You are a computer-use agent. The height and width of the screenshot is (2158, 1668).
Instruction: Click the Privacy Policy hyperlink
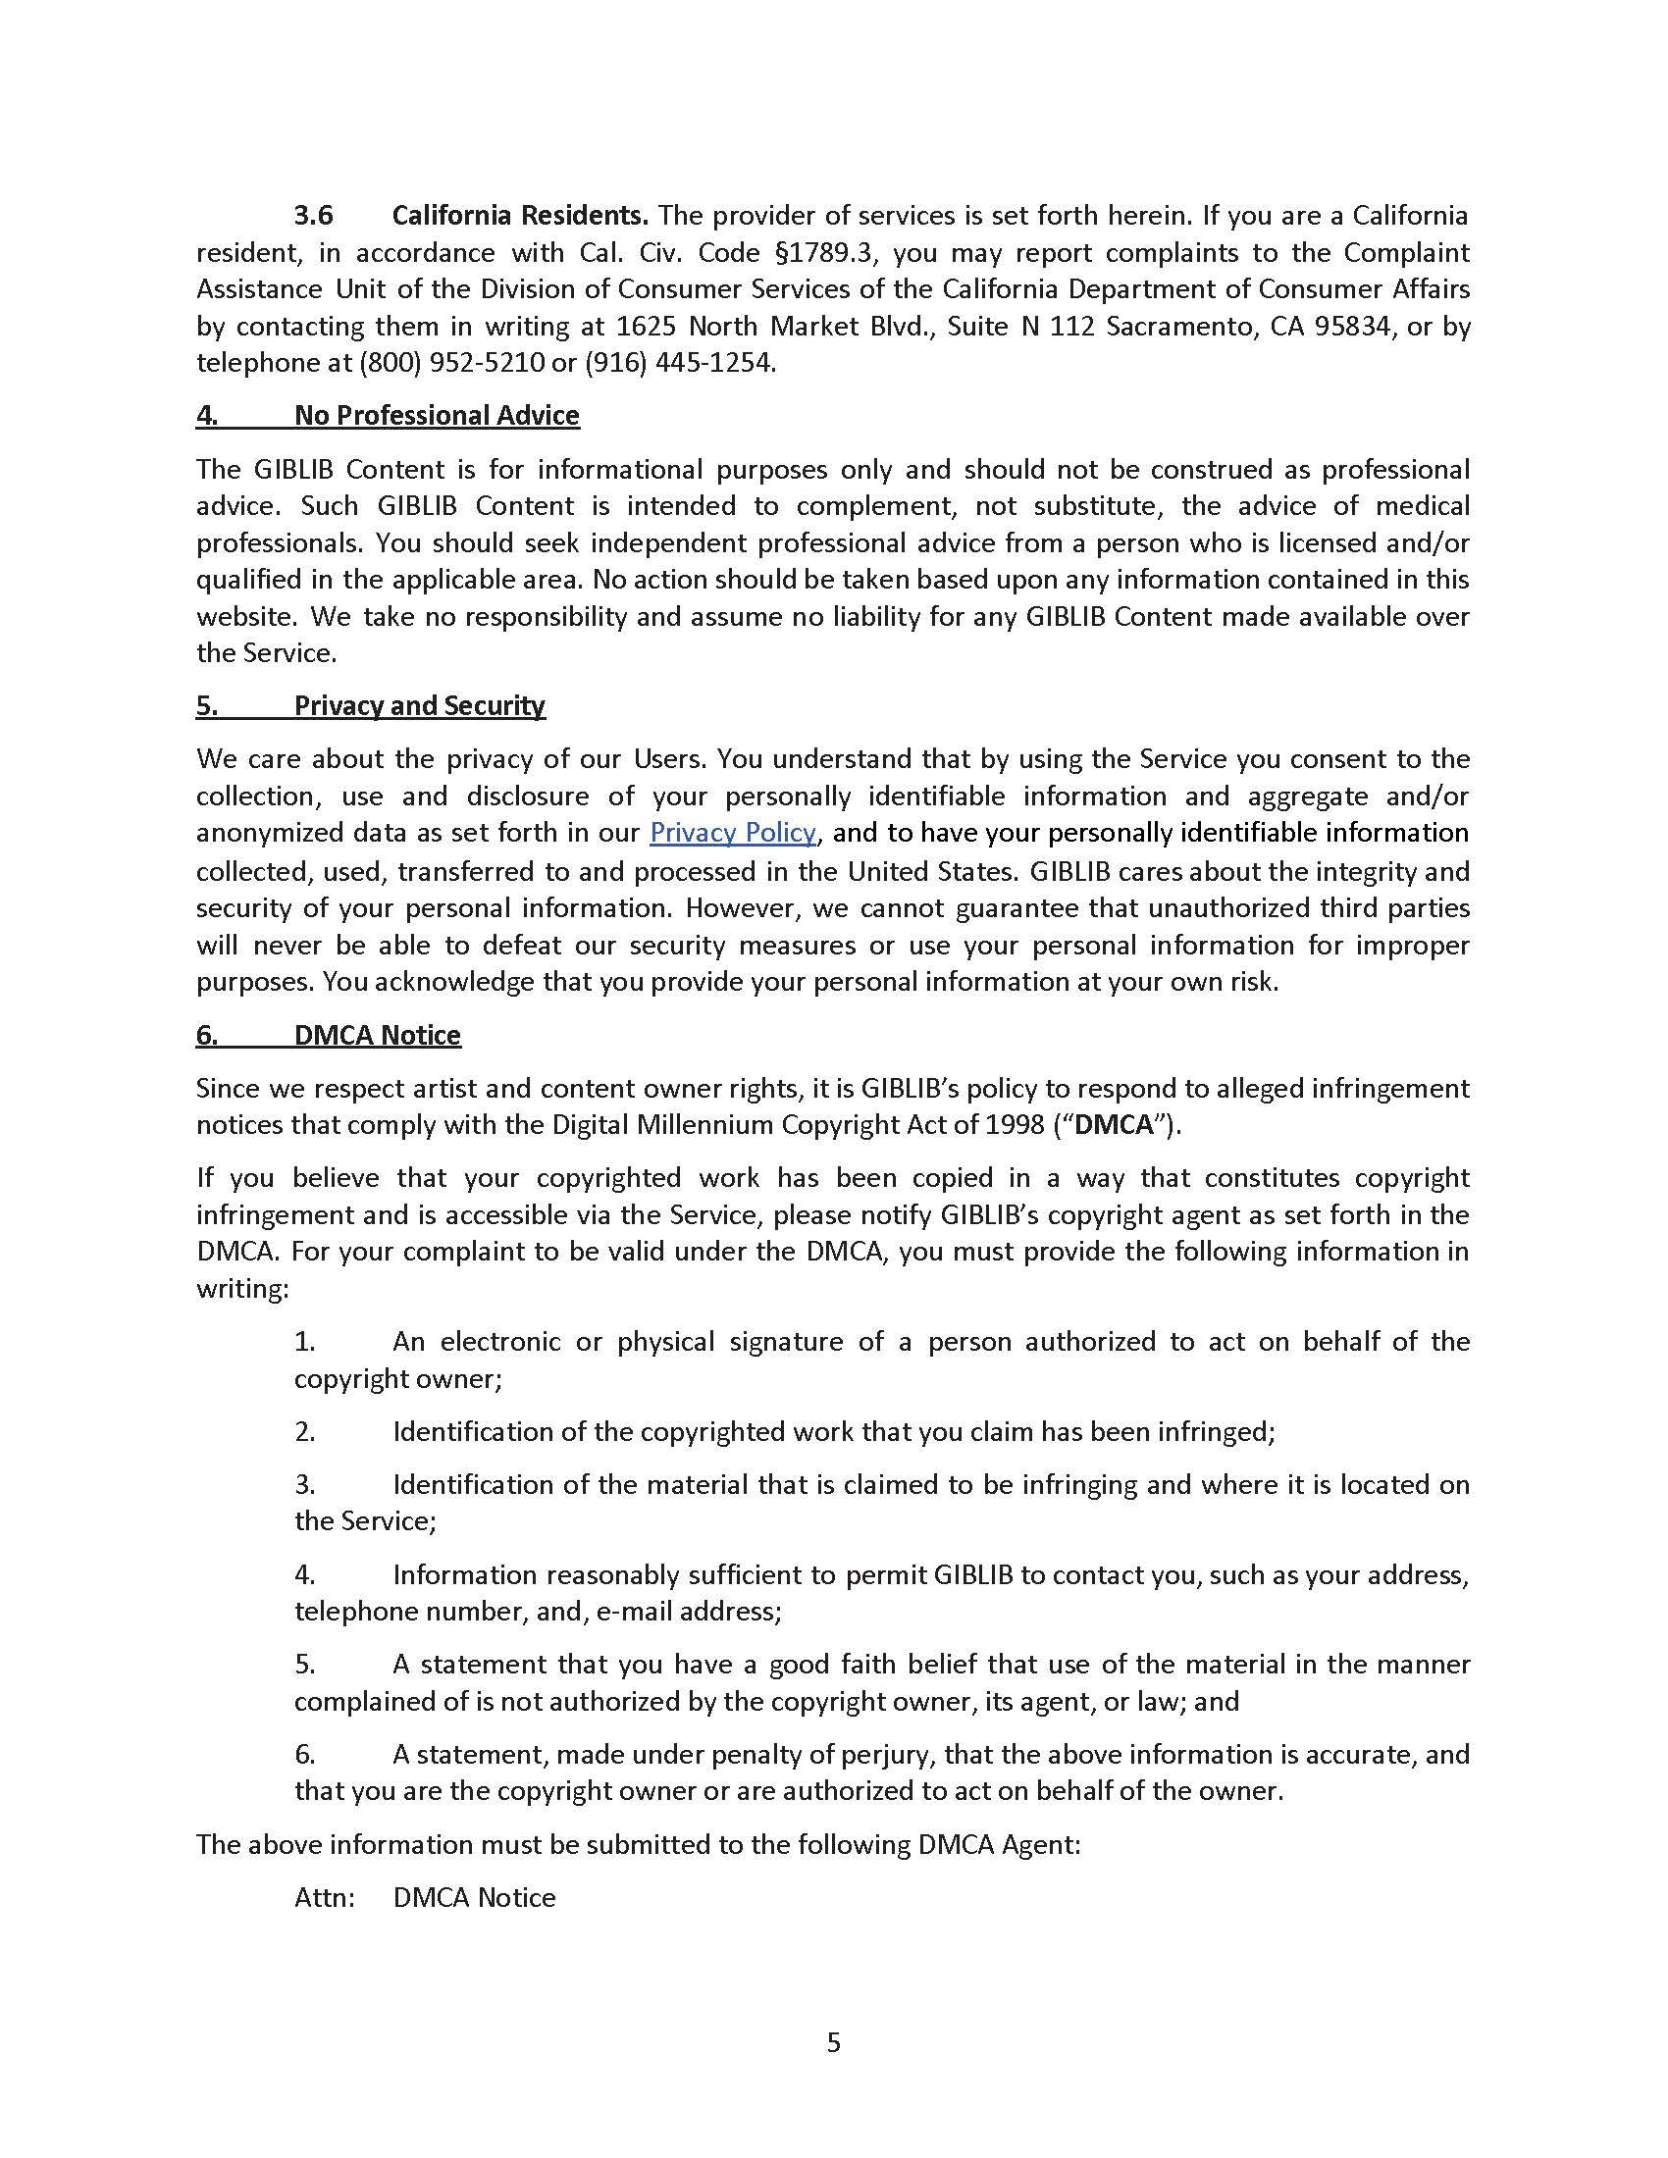click(732, 832)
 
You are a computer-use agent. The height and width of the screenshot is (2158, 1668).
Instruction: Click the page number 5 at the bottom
click(833, 2041)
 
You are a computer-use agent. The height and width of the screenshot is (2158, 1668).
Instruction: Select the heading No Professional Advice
click(436, 415)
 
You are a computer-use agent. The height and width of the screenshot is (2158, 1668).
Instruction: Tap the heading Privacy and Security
click(419, 705)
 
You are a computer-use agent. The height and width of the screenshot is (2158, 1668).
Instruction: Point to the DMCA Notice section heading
click(377, 1035)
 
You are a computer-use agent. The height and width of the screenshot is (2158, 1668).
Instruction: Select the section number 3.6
click(313, 216)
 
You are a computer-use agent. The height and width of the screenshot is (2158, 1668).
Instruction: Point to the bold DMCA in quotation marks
click(1115, 1125)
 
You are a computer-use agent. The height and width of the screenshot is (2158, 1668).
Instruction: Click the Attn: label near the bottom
click(324, 1897)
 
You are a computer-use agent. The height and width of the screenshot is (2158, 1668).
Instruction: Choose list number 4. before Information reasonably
click(304, 1574)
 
